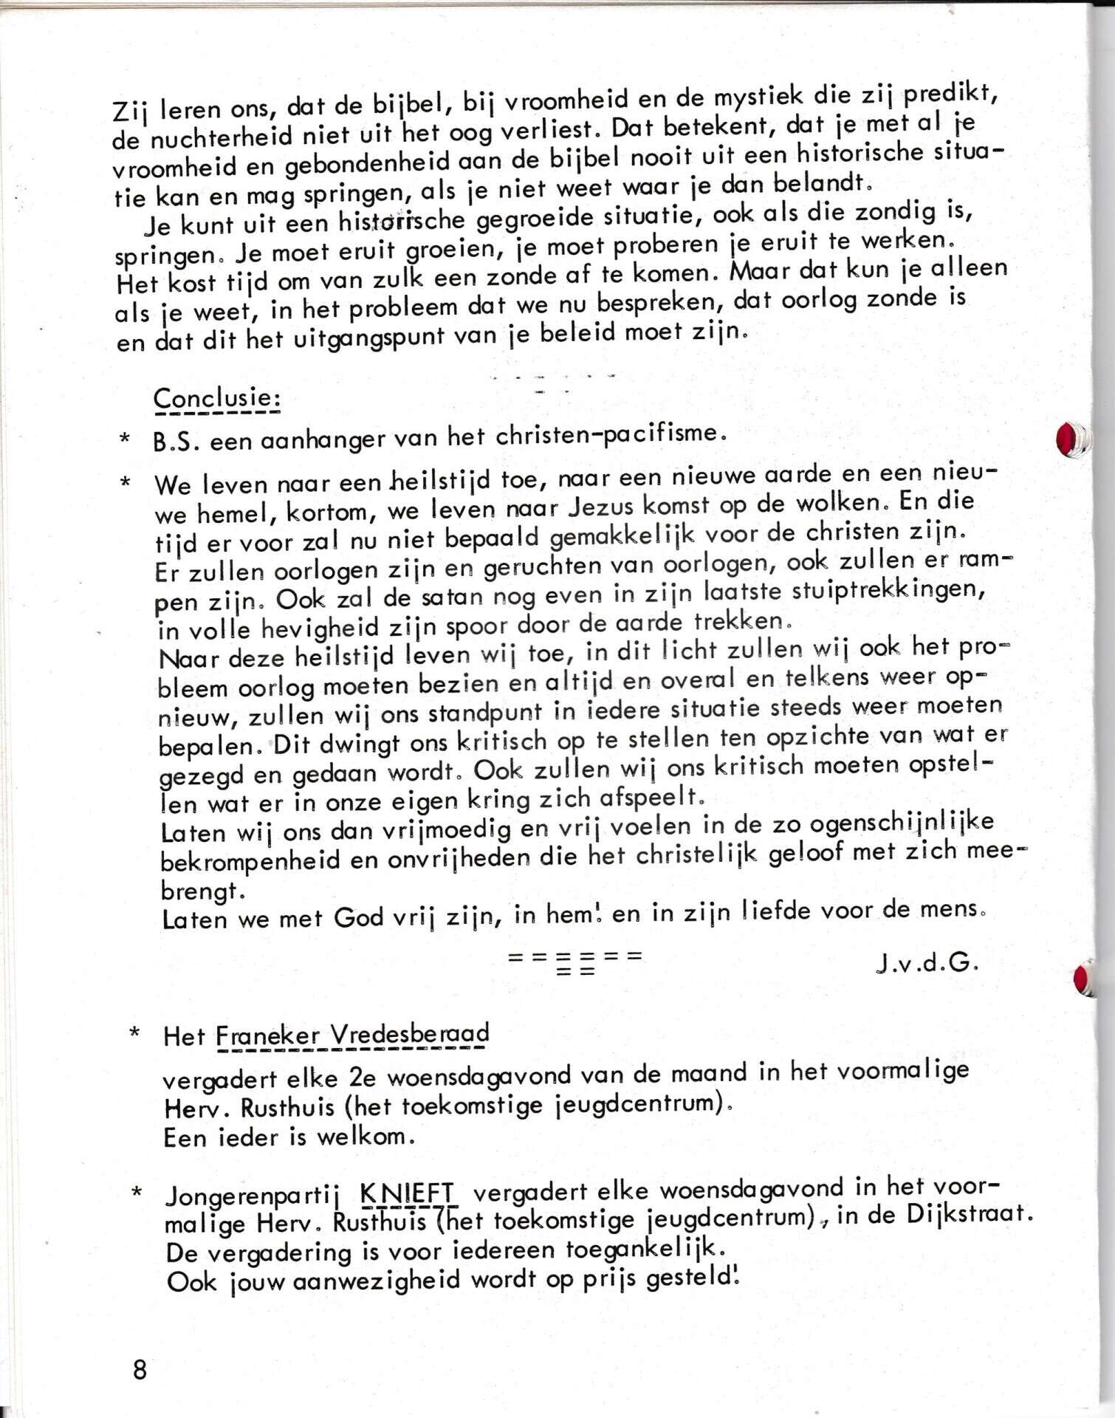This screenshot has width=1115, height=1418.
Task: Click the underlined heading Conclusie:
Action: (x=216, y=400)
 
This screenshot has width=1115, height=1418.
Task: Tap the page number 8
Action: (x=140, y=1370)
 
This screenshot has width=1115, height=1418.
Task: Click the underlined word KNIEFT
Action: (x=408, y=1193)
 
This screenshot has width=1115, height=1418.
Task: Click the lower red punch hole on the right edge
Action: (x=1084, y=980)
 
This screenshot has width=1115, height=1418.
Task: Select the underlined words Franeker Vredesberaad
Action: (x=352, y=1035)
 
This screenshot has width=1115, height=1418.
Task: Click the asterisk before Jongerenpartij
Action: (x=136, y=1193)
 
